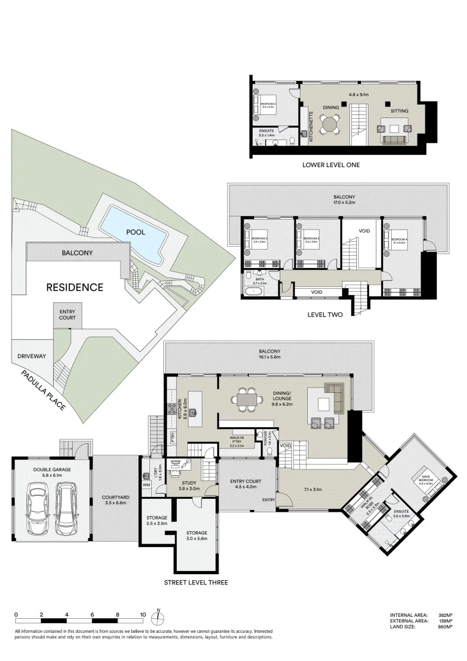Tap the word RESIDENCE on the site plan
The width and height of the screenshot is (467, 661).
tap(74, 287)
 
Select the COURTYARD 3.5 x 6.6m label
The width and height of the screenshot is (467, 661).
tap(114, 500)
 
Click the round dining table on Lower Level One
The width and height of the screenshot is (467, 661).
tap(331, 124)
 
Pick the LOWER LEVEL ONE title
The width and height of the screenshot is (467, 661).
tap(331, 165)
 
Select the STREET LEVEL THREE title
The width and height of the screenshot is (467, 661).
tap(196, 582)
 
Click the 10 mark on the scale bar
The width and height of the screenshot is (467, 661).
tap(143, 614)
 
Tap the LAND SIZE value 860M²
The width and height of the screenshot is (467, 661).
tap(444, 626)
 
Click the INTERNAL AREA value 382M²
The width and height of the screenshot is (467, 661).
tap(444, 615)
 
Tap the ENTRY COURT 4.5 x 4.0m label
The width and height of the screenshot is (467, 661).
tap(247, 484)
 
